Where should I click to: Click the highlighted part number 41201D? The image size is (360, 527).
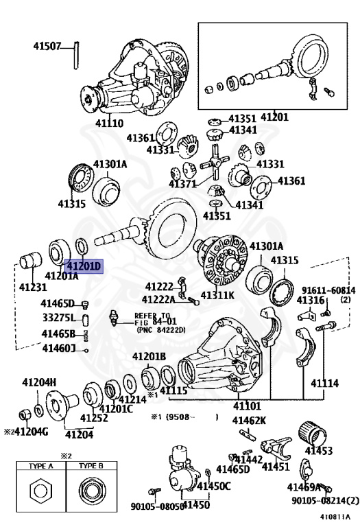coord(83,266)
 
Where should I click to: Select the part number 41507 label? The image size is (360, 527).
coord(47,47)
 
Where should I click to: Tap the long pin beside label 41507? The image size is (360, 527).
coord(77,56)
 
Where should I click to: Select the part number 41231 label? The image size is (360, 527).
coord(32,287)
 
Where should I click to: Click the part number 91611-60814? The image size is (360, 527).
coord(327,290)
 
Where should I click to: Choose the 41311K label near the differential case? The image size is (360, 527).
coord(217,296)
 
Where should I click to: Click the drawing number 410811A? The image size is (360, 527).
coord(334,517)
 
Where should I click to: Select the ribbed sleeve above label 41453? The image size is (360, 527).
coord(317,433)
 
